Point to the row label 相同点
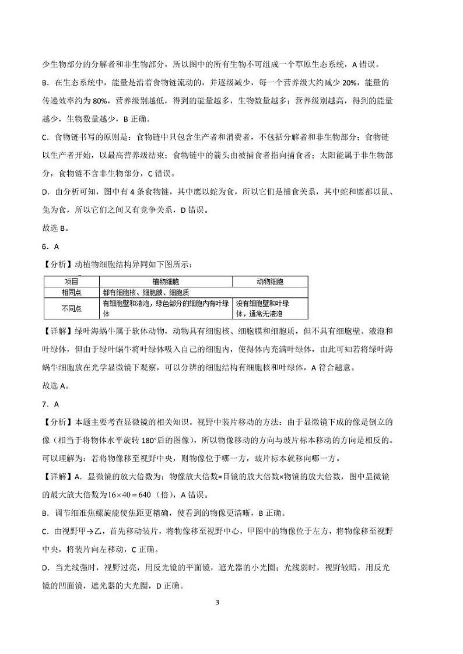pos(71,292)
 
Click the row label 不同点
pos(71,308)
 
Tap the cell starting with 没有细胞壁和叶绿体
pos(263,308)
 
